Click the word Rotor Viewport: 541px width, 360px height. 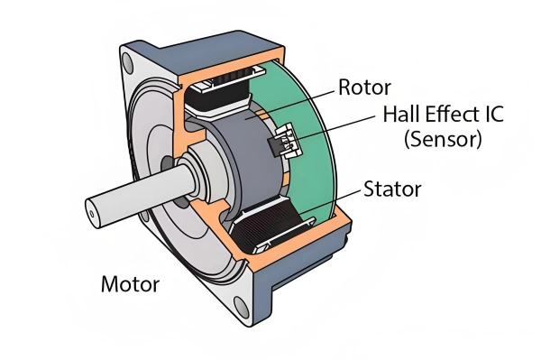[365, 88]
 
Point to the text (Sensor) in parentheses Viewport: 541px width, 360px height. [442, 140]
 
